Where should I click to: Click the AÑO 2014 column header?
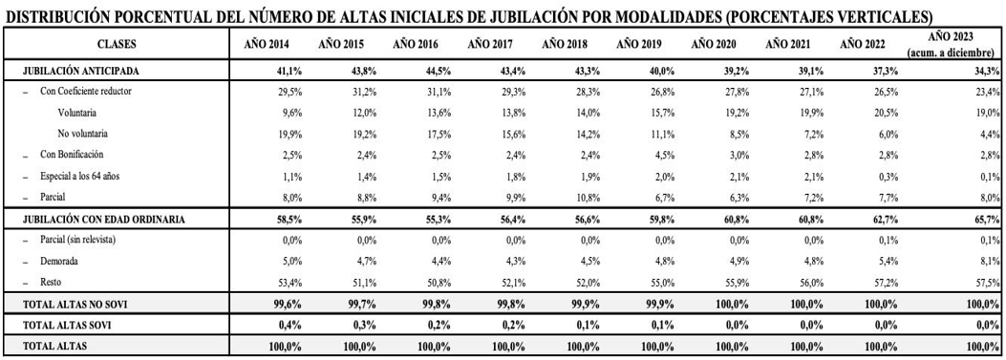(266, 44)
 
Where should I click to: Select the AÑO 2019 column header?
(638, 44)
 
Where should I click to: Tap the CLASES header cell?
(117, 44)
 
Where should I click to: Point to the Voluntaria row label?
(77, 113)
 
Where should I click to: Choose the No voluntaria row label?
(83, 134)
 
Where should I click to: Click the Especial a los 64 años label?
(79, 177)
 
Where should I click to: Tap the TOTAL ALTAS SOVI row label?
(68, 326)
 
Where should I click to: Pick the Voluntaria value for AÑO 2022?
(874, 113)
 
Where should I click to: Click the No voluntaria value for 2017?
(513, 134)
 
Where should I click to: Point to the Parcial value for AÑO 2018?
(588, 198)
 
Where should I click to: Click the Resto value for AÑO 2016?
(439, 283)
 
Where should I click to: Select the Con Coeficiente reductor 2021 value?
(810, 91)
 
